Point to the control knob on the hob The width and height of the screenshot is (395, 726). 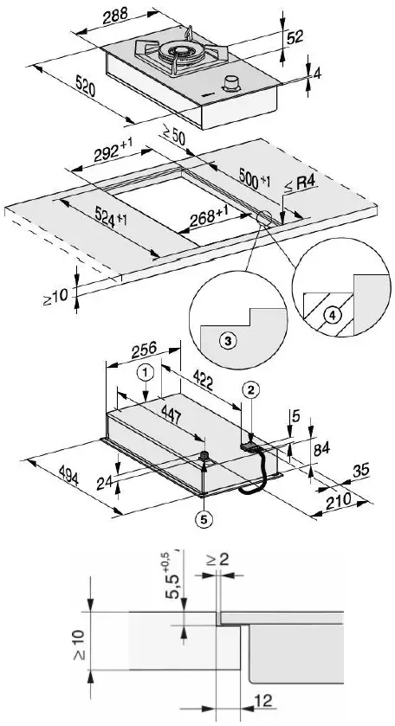(x=230, y=83)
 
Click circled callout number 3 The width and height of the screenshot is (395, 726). (x=225, y=342)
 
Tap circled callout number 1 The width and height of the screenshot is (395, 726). (x=147, y=374)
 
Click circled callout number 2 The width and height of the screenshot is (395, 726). (x=249, y=390)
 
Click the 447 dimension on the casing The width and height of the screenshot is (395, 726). (x=170, y=415)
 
